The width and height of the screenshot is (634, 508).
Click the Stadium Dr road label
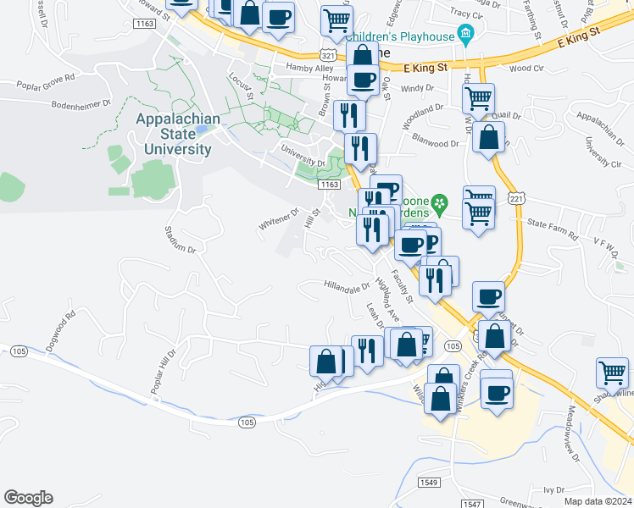click(x=180, y=239)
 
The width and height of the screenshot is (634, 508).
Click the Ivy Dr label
click(x=554, y=490)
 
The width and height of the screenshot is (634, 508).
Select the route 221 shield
click(x=516, y=198)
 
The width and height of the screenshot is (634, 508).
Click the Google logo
click(x=28, y=498)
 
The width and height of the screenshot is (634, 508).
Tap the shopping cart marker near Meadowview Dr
click(x=613, y=372)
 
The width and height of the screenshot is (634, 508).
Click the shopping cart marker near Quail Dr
click(x=478, y=98)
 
